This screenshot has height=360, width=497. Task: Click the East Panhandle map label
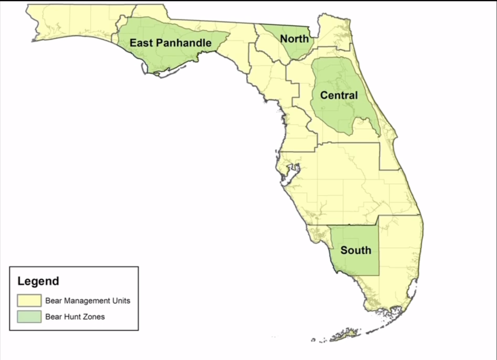(170, 43)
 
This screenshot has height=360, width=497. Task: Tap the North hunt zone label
(294, 38)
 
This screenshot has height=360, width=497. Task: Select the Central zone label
(339, 96)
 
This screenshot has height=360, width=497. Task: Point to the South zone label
(355, 250)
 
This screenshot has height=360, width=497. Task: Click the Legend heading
(38, 281)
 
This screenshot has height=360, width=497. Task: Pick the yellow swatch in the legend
(29, 300)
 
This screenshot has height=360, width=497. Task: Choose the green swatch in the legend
(29, 317)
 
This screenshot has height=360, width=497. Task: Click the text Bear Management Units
(87, 300)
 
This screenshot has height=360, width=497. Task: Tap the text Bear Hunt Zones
(75, 317)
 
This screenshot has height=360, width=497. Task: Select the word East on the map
(140, 43)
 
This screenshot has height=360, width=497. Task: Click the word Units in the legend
(121, 300)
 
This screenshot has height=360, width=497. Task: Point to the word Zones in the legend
(95, 317)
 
